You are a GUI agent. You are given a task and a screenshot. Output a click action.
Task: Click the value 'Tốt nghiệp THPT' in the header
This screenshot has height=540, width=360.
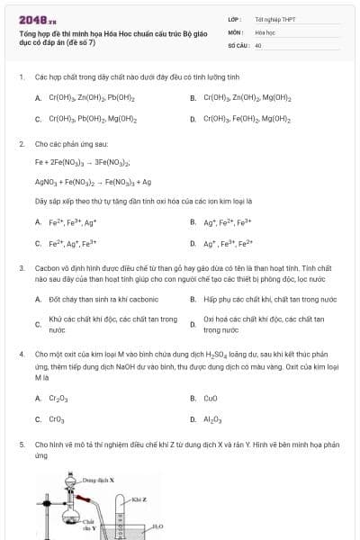274,19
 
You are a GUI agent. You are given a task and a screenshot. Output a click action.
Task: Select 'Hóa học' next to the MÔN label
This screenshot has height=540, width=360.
264,31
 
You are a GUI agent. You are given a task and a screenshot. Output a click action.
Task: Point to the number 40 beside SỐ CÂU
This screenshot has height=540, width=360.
258,44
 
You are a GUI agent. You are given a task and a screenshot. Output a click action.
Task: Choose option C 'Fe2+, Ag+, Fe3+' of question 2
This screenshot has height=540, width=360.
73,243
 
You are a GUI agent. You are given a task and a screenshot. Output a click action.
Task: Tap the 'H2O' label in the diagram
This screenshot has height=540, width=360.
157,526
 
